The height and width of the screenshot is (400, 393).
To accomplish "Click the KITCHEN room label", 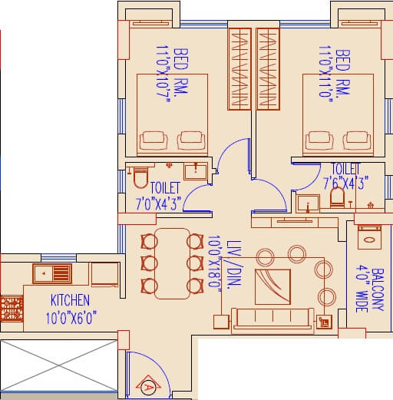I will [x=70, y=299].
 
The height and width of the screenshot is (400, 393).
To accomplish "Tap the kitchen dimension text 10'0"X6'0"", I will [x=70, y=316].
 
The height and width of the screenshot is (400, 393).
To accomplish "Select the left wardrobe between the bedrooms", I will [x=240, y=67].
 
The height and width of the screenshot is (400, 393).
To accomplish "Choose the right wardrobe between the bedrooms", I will [x=267, y=67].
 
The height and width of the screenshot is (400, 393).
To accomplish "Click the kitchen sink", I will [x=52, y=272].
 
